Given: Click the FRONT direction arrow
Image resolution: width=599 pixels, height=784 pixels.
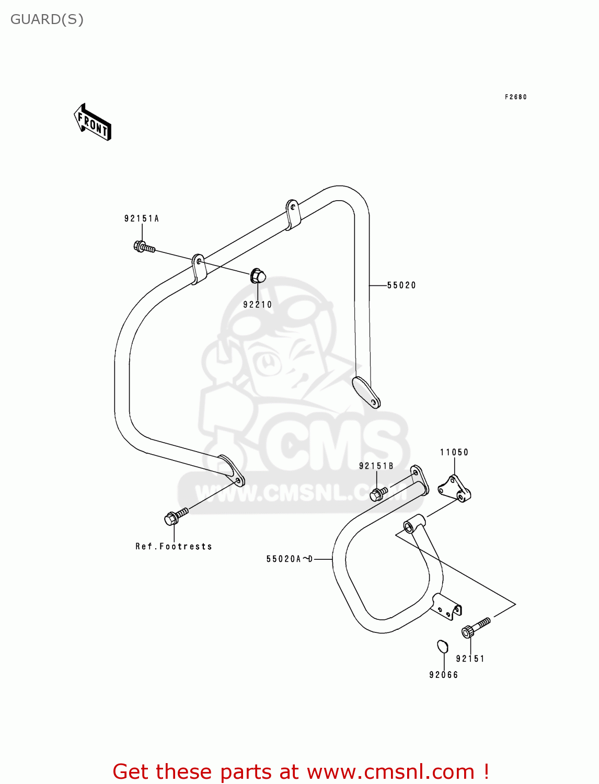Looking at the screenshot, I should click(93, 123).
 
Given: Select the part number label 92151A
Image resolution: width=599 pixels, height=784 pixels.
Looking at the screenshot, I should click(142, 218).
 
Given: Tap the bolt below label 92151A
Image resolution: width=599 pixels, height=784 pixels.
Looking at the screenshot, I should click(144, 247).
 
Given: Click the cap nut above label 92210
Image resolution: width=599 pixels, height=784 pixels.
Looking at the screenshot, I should click(258, 275).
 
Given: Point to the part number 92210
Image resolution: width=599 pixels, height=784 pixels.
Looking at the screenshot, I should click(258, 305).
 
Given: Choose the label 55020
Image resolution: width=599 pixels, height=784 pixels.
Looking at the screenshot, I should click(401, 285).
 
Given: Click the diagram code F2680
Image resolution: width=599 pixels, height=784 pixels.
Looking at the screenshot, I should click(515, 97).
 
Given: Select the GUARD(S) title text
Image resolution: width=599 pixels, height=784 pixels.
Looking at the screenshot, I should click(47, 20).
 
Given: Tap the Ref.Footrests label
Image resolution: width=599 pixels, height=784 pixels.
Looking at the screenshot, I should click(174, 547).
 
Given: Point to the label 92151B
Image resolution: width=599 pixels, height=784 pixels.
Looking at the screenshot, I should click(376, 466).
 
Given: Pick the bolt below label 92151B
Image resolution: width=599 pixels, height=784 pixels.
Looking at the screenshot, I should click(378, 493).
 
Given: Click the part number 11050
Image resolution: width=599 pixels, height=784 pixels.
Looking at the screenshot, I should click(454, 453).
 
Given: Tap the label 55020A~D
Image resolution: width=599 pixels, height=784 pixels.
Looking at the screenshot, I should click(290, 559).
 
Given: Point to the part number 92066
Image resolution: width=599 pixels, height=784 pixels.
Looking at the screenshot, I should click(444, 675).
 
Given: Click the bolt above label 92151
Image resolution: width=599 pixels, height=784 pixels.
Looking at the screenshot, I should click(475, 627).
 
